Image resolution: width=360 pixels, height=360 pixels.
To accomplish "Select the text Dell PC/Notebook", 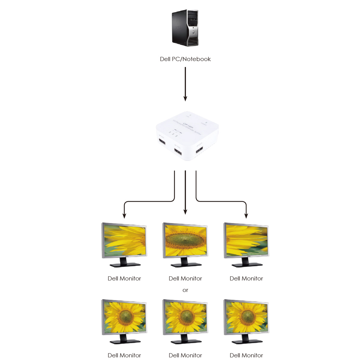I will click(185, 59).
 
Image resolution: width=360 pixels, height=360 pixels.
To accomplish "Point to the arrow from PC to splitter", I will click(185, 84).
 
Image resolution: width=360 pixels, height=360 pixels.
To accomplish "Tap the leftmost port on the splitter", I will click(162, 142).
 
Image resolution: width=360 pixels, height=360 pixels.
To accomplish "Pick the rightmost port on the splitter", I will click(199, 149).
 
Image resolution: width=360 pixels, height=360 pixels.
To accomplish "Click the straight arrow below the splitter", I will click(185, 192).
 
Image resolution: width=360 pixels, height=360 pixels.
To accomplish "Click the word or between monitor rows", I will click(185, 290).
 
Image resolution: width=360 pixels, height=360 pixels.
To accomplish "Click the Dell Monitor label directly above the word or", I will click(185, 278).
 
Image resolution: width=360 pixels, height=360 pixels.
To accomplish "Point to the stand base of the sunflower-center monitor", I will click(186, 265).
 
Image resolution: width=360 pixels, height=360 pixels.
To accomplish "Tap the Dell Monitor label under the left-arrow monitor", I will click(124, 278).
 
